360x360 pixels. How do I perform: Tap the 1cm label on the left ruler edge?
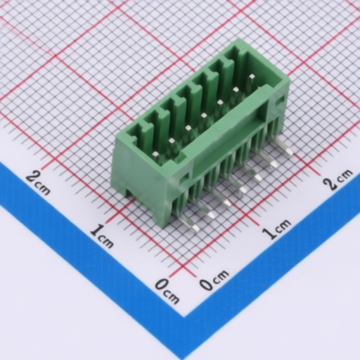(101, 236)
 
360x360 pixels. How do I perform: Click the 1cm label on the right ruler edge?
(276, 229)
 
